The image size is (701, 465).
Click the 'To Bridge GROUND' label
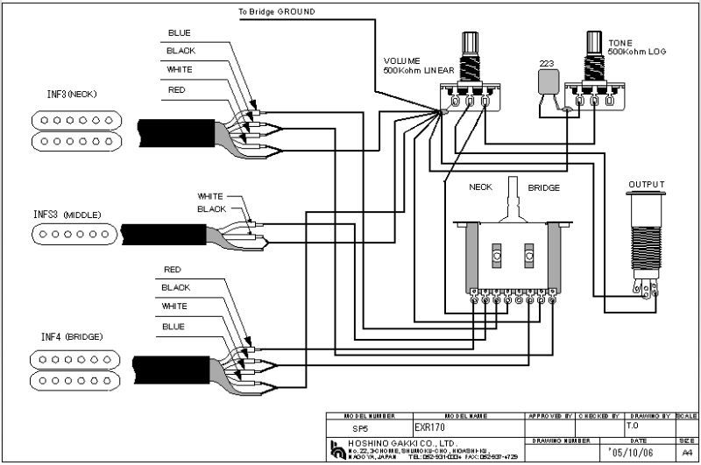[x=276, y=12]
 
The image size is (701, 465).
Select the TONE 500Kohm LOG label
[x=636, y=47]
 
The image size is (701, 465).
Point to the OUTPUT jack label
[x=646, y=185]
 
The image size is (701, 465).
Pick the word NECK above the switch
[x=480, y=187]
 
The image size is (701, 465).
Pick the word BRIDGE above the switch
[x=543, y=187]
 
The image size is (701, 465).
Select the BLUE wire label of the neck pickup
[x=179, y=33]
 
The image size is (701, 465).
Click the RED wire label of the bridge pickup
[x=173, y=270]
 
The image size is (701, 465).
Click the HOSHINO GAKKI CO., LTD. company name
[x=393, y=445]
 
